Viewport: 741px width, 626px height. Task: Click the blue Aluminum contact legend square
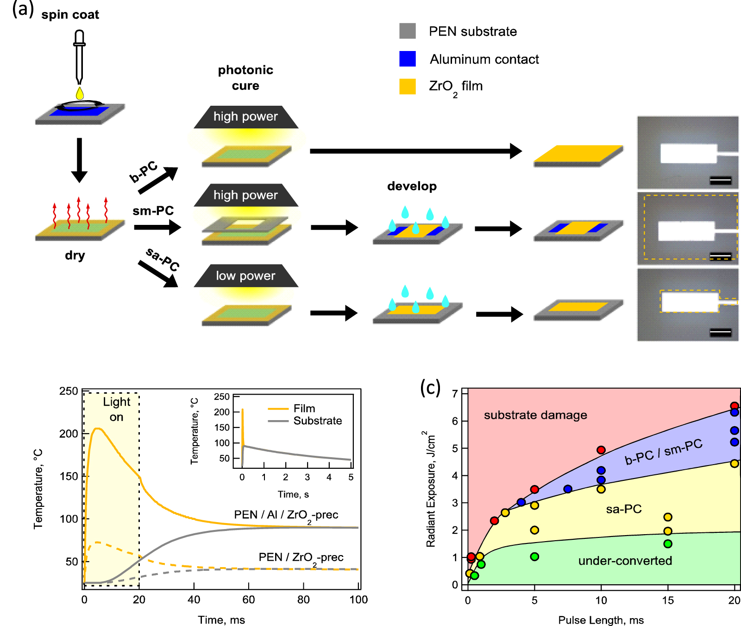(x=408, y=59)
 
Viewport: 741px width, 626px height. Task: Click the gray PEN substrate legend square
(x=408, y=31)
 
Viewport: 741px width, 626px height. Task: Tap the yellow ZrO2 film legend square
(x=408, y=86)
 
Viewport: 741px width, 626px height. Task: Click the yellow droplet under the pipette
(x=80, y=93)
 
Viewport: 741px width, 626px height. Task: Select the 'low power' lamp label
(x=245, y=276)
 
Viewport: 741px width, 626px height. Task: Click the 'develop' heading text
(x=412, y=186)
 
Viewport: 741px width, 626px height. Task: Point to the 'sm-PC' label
(x=153, y=211)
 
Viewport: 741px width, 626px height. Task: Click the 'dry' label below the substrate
(x=75, y=256)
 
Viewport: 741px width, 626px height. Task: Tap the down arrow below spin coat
(x=79, y=160)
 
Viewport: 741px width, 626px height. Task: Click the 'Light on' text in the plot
(x=116, y=409)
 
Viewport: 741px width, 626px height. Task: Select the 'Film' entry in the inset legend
(x=304, y=409)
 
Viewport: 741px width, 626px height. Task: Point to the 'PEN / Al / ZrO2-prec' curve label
(x=286, y=515)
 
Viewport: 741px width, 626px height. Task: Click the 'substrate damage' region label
(x=535, y=415)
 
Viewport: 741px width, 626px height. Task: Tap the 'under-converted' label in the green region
(x=625, y=561)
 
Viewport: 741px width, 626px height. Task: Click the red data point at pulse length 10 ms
(x=601, y=450)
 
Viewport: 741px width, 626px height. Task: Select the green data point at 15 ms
(x=668, y=543)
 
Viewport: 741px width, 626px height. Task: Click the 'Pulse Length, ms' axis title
(x=601, y=620)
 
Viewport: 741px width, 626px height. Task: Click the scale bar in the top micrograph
(x=720, y=180)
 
